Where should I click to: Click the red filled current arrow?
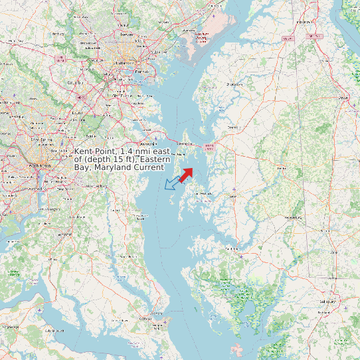coord(185,174)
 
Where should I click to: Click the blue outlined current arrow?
coord(172,183)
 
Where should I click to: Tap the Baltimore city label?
coord(122,62)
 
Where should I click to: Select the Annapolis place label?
coord(147,143)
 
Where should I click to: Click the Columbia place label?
coord(72,82)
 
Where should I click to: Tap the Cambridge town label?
coord(232,248)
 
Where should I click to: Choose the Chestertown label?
coord(234,84)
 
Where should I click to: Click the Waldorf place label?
coord(65,234)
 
